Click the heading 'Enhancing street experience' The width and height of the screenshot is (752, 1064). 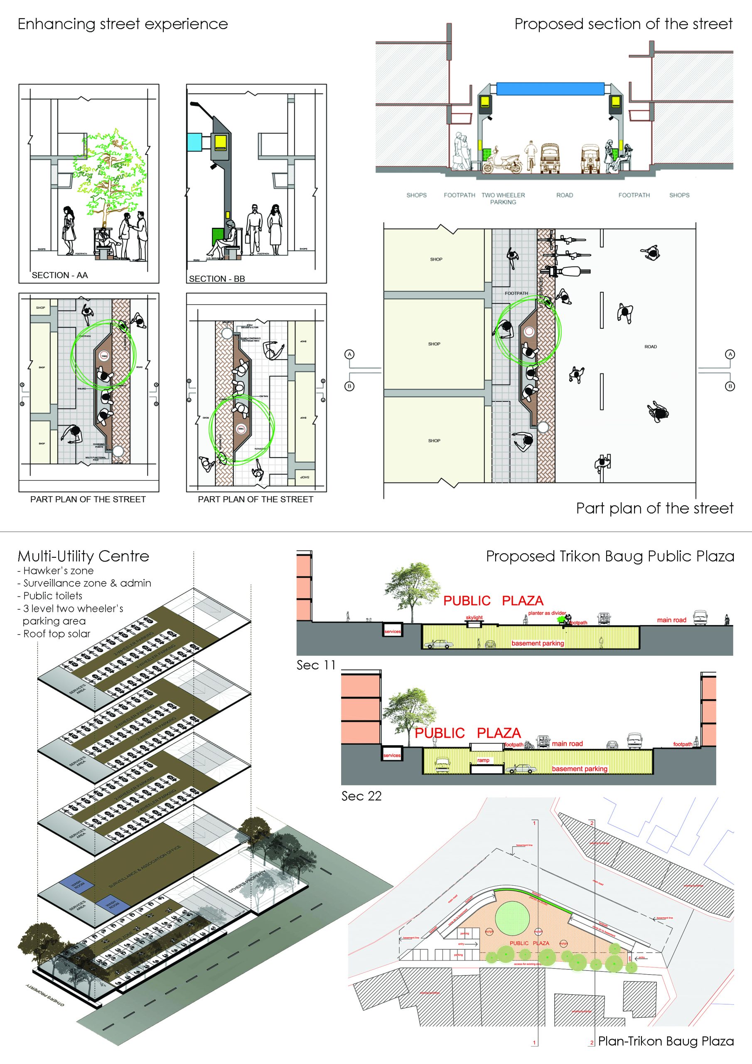point(123,24)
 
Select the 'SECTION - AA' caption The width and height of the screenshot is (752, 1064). point(60,275)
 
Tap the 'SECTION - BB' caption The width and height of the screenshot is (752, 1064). point(217,279)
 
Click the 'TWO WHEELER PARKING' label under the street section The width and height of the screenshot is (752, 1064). point(503,198)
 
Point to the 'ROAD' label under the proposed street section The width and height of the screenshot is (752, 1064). point(564,195)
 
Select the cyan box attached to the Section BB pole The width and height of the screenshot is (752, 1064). point(194,141)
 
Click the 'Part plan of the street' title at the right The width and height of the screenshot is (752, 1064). point(654,508)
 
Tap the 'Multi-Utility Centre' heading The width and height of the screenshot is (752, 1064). point(84,556)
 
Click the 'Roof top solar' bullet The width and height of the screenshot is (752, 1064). point(54,633)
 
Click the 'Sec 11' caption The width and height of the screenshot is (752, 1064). point(315,665)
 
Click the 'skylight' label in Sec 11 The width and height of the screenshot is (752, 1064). point(474,617)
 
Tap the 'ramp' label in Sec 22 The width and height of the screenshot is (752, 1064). point(483,760)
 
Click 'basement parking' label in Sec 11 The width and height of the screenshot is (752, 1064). point(538,643)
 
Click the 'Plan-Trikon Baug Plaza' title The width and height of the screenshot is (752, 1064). point(666,1041)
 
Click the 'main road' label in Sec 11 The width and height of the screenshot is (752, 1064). point(671,620)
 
